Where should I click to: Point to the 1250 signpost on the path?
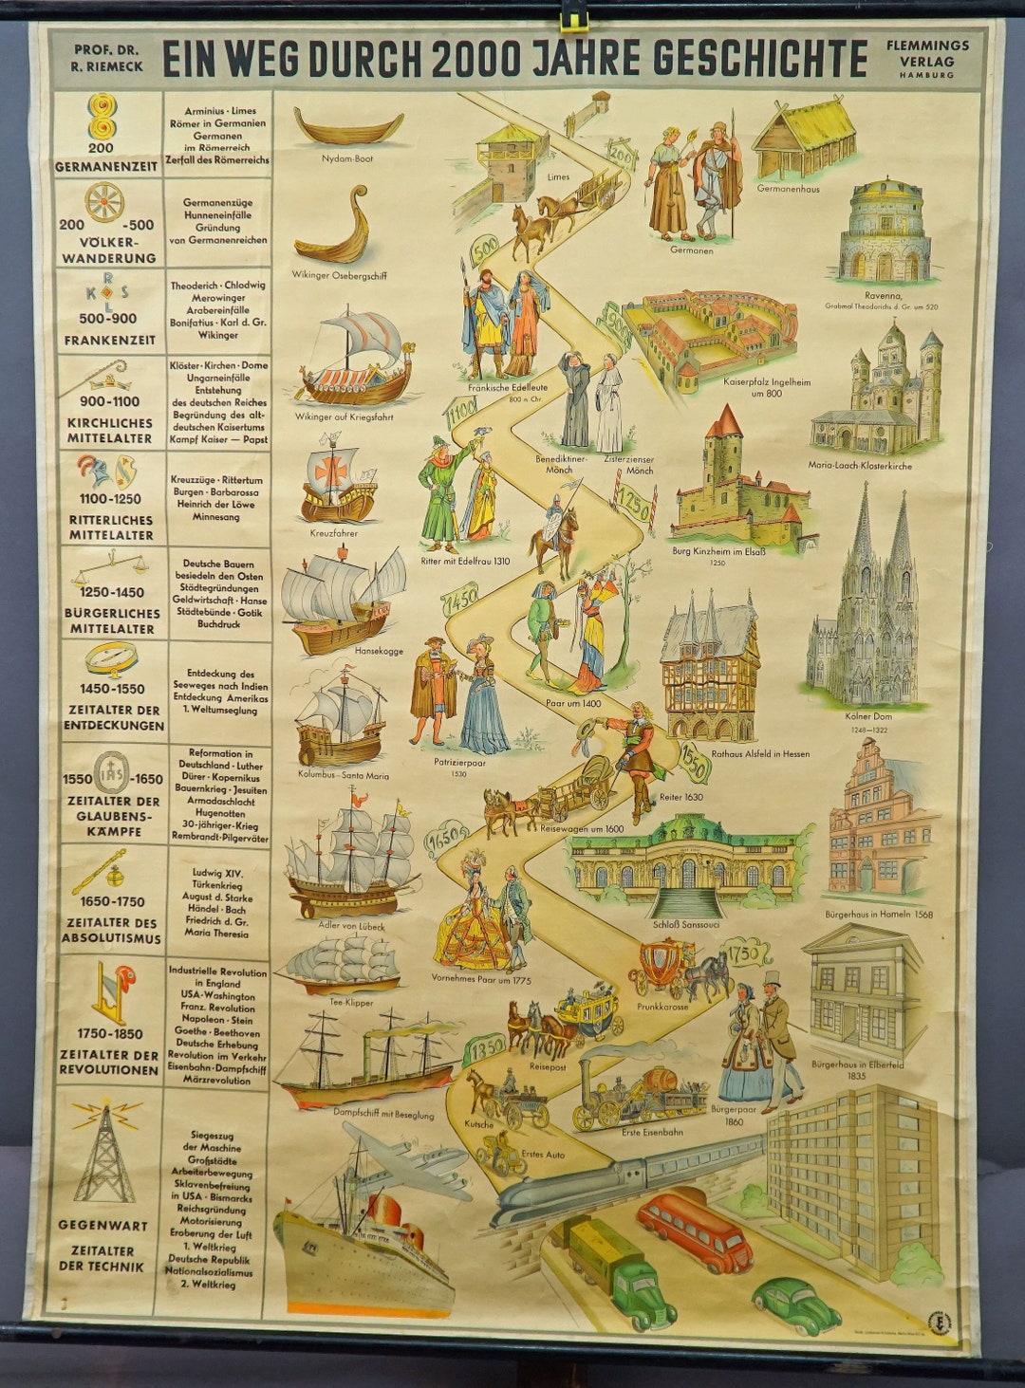point(633,507)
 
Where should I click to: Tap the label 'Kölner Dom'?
point(867,716)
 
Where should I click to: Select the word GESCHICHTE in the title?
point(759,59)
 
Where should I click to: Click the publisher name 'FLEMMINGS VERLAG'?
point(927,54)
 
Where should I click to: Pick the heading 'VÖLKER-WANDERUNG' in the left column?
point(109,250)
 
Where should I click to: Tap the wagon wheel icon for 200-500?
point(104,202)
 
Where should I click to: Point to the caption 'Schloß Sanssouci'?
point(685,924)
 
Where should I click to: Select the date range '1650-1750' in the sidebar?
point(112,901)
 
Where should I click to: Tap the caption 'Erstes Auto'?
point(543,1155)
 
